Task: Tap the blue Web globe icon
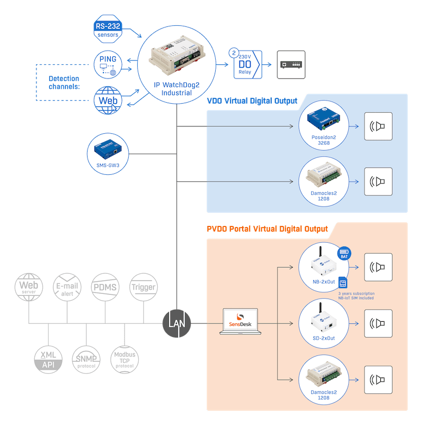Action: click(108, 99)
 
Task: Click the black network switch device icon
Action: click(291, 65)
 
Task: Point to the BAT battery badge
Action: click(344, 254)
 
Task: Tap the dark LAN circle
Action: click(176, 321)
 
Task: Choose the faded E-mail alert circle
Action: click(68, 287)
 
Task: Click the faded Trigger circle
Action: click(143, 287)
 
